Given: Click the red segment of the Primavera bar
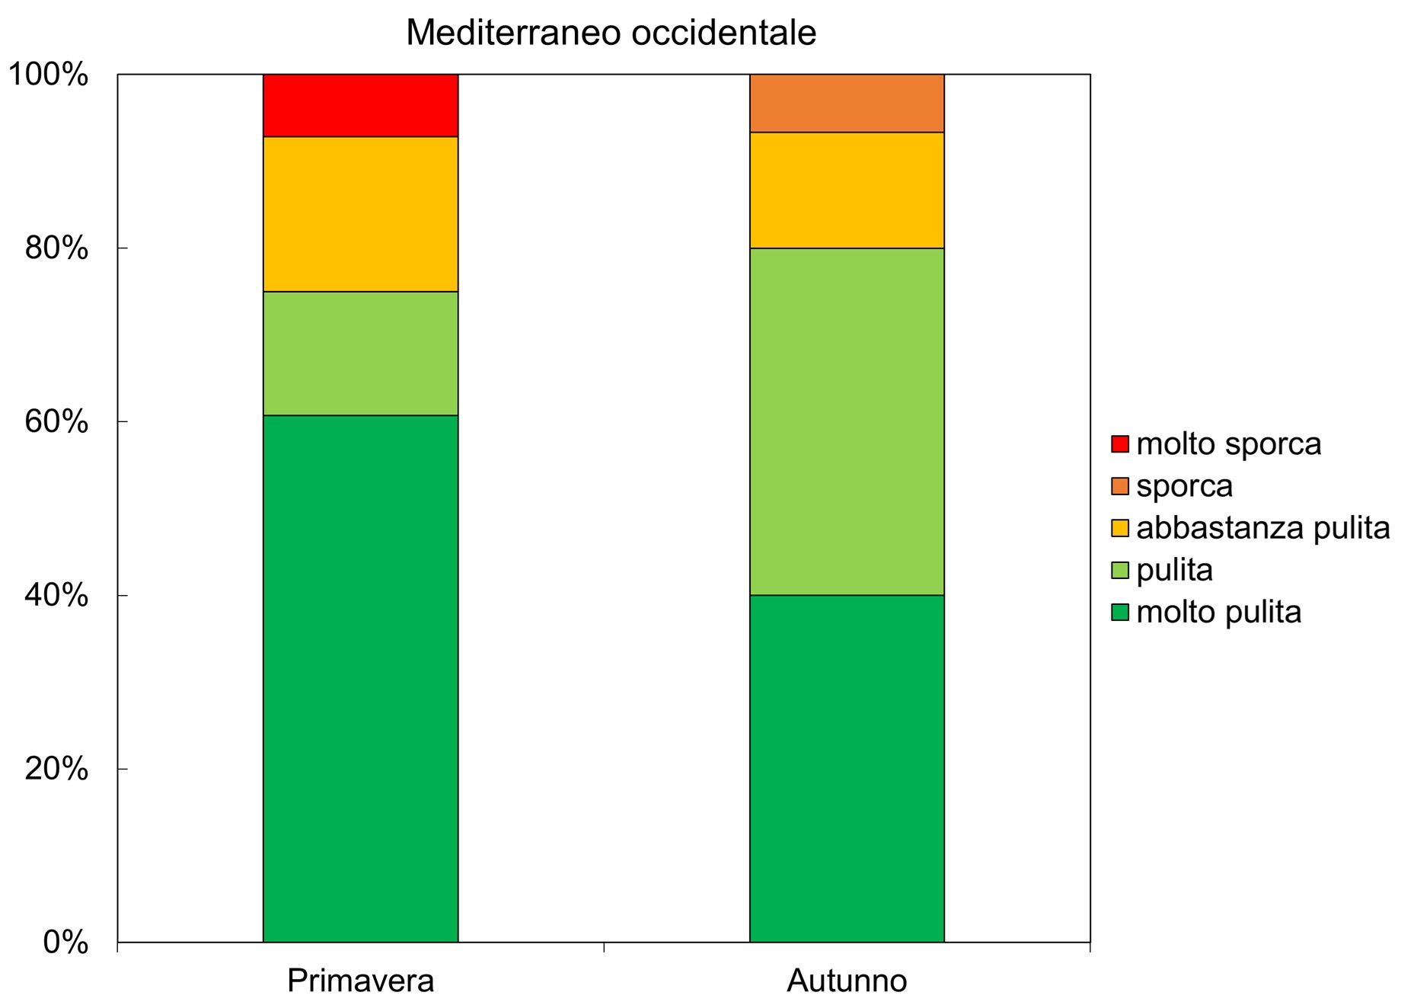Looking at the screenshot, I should tap(360, 105).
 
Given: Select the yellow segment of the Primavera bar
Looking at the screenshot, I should tap(360, 214).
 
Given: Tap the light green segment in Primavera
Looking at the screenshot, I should tap(360, 354).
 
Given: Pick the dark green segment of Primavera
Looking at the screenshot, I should tap(360, 678).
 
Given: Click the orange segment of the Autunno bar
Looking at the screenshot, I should tap(847, 104).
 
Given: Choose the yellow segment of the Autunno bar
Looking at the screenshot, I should tap(847, 190).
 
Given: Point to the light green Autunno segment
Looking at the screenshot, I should tap(847, 421).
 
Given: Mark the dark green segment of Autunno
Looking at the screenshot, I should tap(847, 768).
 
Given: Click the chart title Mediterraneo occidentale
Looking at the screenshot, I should tap(611, 33).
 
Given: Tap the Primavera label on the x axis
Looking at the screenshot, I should tap(360, 980).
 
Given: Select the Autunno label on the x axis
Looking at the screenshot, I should tap(847, 980).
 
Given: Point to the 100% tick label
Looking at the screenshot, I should tap(48, 75).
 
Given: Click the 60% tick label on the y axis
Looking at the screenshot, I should tap(56, 422).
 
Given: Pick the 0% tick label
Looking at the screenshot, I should tap(65, 943).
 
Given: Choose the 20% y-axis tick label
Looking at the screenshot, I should tap(56, 770).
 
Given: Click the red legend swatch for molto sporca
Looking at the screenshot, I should tap(1119, 444).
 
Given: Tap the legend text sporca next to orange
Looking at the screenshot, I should tap(1184, 486).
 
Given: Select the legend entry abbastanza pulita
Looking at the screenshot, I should tap(1262, 528).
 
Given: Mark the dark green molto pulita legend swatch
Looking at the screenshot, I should tap(1119, 612).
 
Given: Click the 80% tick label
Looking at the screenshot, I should tap(56, 248).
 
